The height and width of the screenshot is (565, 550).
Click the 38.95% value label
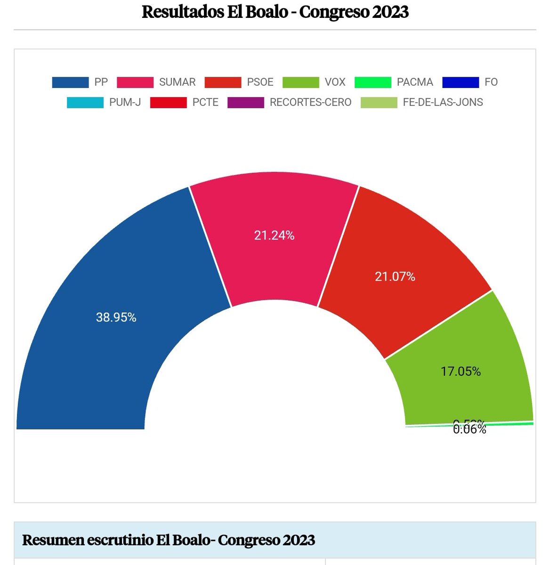tap(116, 318)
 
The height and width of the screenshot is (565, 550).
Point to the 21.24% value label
tap(274, 235)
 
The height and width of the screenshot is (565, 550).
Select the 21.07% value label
tap(395, 277)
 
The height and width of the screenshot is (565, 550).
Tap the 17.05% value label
tap(461, 372)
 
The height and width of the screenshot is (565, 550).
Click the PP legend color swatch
tap(70, 82)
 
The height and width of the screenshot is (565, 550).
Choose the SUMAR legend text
tap(177, 82)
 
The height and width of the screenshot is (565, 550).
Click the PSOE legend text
tap(260, 82)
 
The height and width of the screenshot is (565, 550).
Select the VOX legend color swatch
tap(300, 82)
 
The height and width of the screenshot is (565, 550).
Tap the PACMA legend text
tap(414, 82)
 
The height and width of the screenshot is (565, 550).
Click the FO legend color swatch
tap(461, 82)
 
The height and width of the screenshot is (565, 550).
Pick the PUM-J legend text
tap(125, 103)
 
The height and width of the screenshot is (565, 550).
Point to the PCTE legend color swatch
tap(168, 103)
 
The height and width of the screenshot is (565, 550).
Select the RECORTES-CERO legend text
tap(310, 103)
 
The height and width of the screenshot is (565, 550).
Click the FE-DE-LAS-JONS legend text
tap(443, 103)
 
